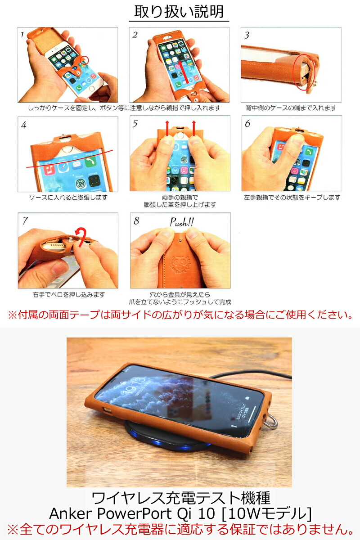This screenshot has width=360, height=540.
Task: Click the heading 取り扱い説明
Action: [179, 11]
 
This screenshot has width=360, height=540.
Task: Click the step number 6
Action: [247, 123]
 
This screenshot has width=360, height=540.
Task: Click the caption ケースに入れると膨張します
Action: [68, 198]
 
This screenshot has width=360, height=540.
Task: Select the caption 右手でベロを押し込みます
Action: [68, 295]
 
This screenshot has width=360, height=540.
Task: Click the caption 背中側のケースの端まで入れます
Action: [291, 108]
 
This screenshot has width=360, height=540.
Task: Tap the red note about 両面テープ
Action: [180, 315]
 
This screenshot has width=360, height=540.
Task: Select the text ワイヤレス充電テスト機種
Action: [180, 497]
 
